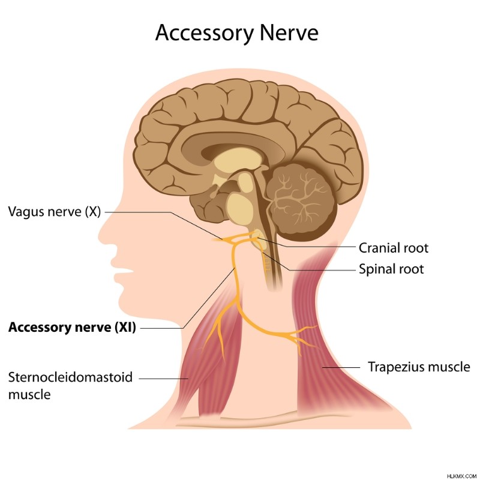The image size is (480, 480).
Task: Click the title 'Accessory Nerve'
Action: [237, 33]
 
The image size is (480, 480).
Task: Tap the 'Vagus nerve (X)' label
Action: [55, 212]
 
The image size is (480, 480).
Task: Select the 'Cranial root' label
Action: [394, 248]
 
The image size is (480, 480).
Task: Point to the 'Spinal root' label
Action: [391, 269]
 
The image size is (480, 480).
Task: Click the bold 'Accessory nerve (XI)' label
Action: [72, 327]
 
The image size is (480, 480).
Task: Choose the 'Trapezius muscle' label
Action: [419, 367]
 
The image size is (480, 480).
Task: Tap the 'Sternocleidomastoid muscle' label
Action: [70, 386]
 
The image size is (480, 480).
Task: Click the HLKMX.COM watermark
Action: [461, 476]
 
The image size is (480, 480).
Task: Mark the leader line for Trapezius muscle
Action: [341, 367]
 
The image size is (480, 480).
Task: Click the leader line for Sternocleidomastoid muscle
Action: [163, 379]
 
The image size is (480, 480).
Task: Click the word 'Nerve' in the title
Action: [289, 33]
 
